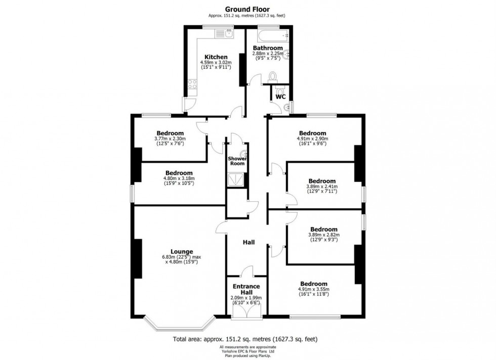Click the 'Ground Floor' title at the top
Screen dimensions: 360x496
(247, 9)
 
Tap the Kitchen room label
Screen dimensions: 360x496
(216, 57)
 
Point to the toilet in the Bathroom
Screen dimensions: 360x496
(274, 76)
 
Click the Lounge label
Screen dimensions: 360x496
(181, 251)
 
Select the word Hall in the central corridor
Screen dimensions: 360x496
(249, 243)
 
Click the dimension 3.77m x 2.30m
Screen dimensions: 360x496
(170, 139)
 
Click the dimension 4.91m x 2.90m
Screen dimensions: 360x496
(312, 139)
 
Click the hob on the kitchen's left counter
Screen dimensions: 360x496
(193, 84)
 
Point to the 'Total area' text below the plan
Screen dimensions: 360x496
(247, 339)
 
